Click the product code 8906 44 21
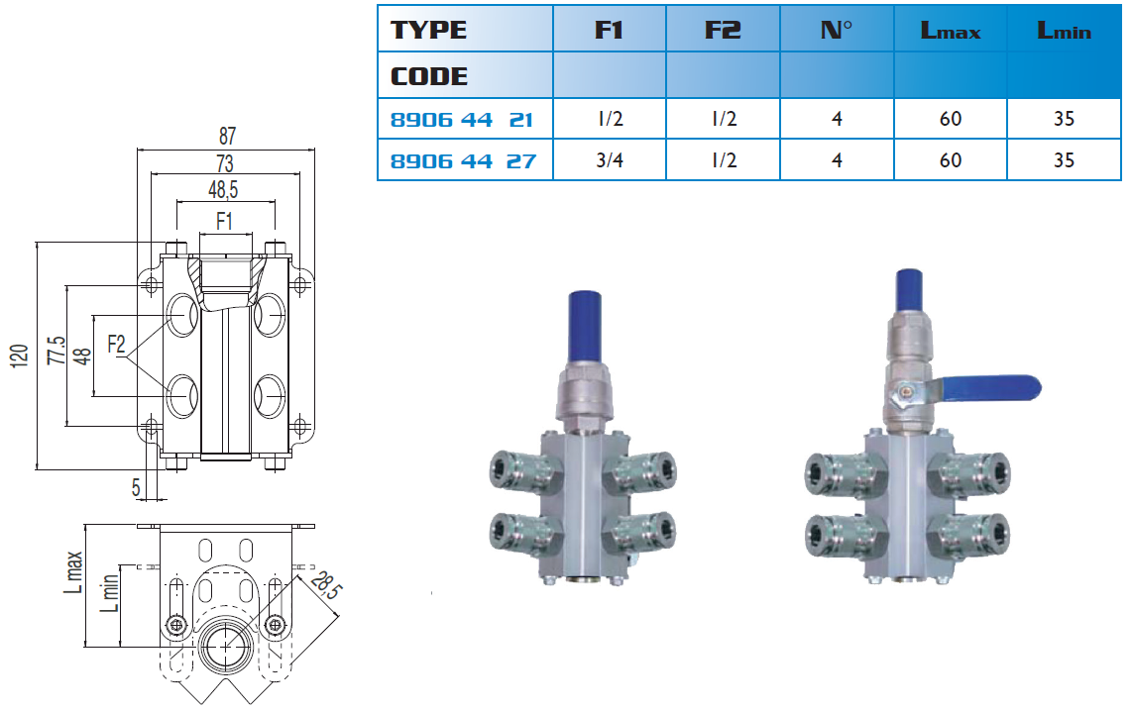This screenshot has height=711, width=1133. [462, 120]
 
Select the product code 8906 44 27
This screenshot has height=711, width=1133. [463, 161]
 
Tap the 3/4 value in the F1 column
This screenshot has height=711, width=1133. [610, 160]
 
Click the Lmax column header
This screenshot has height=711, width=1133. [951, 31]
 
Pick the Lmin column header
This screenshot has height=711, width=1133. [1064, 31]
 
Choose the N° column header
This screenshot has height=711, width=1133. [836, 31]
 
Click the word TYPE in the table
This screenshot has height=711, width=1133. [428, 31]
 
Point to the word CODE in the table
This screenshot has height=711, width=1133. [429, 76]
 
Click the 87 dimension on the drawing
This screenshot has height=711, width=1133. [227, 136]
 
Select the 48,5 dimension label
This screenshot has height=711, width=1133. [223, 190]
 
